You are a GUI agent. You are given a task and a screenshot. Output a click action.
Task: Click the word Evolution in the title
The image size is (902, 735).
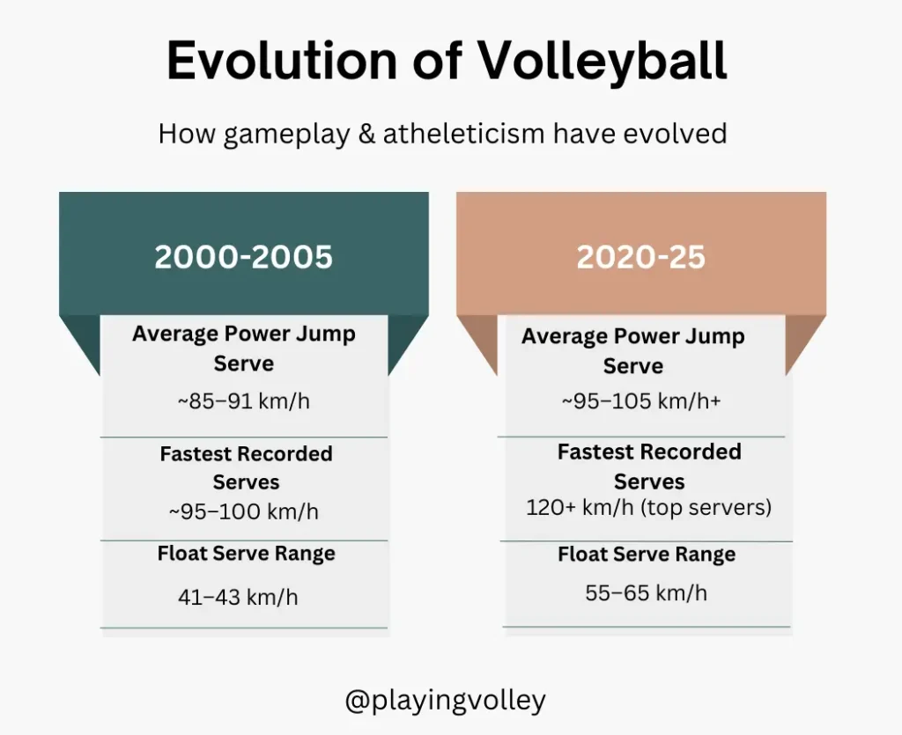282,60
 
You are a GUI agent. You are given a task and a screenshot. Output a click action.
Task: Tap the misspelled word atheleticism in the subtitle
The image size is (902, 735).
463,133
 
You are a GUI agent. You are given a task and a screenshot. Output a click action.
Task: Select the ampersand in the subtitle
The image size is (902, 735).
366,133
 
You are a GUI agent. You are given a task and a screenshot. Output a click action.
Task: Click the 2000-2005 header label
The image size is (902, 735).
243,256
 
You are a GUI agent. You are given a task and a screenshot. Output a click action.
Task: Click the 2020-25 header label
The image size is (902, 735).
641,256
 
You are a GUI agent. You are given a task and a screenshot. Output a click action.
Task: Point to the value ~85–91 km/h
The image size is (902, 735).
243,401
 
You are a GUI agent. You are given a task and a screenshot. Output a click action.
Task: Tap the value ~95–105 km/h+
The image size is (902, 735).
641,401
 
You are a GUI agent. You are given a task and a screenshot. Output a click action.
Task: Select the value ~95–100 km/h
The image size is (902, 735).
243,511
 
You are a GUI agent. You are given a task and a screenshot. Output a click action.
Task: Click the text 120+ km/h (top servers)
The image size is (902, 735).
649,507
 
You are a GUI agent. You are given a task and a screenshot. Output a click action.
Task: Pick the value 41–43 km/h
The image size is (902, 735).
238,597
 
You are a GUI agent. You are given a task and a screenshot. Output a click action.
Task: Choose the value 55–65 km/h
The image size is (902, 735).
646,592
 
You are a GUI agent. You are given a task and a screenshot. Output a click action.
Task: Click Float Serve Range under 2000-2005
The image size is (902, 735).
247,554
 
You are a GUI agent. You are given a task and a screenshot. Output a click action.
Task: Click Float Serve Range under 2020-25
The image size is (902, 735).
647,555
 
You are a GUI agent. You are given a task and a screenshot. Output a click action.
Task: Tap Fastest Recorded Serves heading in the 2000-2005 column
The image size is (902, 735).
247,467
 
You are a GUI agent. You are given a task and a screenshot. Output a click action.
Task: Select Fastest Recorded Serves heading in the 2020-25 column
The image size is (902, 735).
649,466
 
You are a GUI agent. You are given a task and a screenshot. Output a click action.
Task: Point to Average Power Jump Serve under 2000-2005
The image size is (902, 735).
244,349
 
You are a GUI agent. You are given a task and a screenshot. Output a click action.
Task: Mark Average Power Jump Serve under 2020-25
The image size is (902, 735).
633,350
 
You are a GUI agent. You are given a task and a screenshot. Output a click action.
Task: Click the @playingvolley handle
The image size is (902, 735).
445,701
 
